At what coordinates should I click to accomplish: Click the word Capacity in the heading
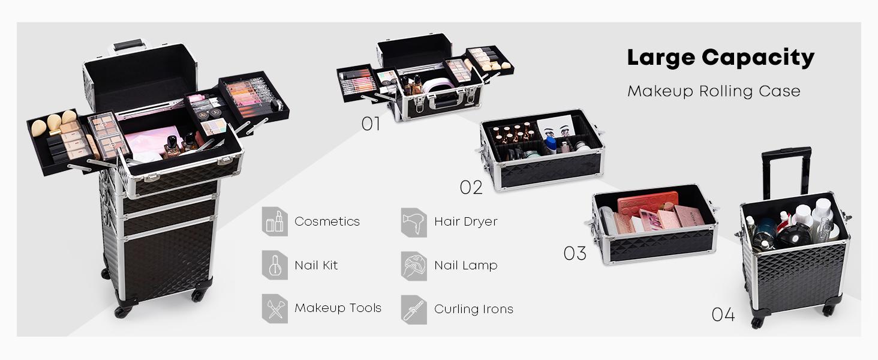point(758,58)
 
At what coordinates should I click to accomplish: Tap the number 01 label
point(371,124)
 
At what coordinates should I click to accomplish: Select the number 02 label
point(471,187)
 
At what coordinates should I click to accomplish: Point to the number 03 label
point(575,253)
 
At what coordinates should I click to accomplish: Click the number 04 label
point(723,314)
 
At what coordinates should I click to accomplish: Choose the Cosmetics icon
point(275,221)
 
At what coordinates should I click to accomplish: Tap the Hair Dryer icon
point(414,223)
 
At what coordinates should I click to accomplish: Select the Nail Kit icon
point(275,265)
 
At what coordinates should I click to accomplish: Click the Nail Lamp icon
point(414,266)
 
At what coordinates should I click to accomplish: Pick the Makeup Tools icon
point(275,308)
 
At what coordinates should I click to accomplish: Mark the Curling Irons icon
point(414,310)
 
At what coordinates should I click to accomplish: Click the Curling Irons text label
point(474,309)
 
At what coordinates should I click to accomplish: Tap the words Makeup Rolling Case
point(714,91)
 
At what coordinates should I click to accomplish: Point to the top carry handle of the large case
point(127,46)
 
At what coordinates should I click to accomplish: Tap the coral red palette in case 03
point(648,203)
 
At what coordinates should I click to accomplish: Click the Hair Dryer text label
point(465,222)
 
